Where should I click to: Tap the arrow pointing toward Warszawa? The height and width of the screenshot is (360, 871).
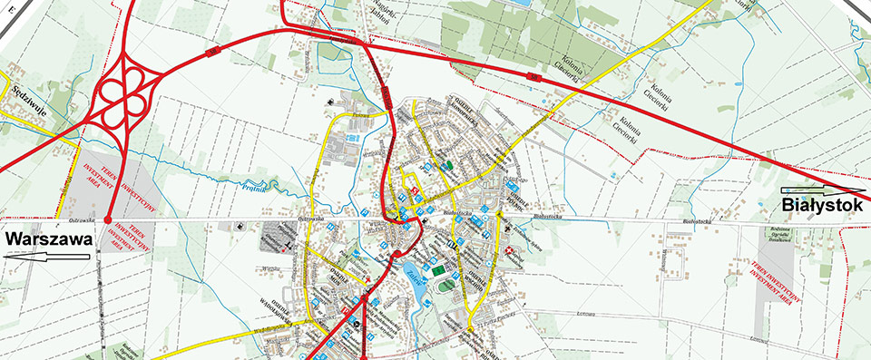(45, 257)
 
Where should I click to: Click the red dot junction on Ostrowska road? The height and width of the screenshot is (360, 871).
(108, 219)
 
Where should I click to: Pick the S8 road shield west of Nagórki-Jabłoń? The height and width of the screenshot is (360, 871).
(215, 52)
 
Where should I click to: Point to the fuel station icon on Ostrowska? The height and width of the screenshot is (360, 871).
(239, 225)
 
